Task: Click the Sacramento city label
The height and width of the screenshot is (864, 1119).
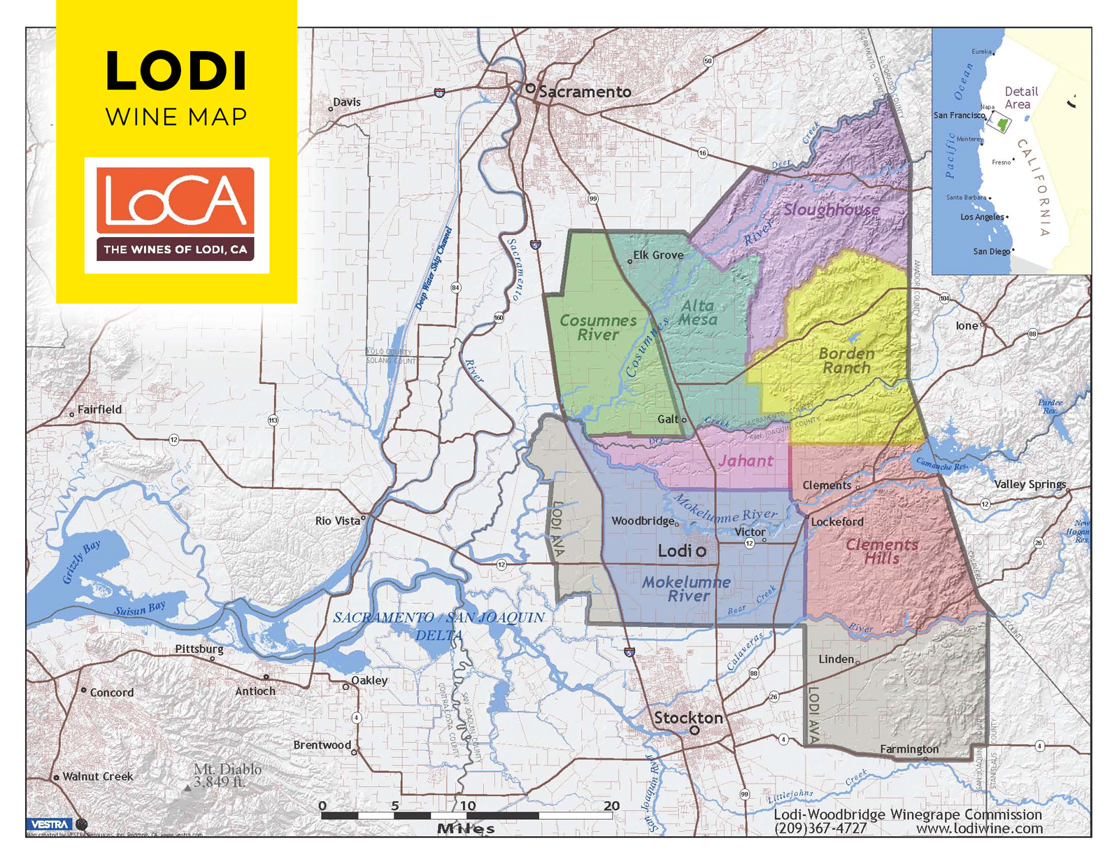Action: (585, 92)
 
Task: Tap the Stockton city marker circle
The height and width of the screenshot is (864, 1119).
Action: (694, 730)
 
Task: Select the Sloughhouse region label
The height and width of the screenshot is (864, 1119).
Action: (831, 209)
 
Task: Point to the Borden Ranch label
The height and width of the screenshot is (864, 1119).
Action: (846, 360)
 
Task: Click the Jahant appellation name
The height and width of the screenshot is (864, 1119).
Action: (746, 461)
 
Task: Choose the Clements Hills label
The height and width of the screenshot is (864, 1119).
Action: (881, 551)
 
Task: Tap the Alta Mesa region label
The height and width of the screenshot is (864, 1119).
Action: (698, 313)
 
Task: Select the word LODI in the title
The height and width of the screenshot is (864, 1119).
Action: (176, 71)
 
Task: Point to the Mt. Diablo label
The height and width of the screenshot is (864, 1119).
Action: (227, 775)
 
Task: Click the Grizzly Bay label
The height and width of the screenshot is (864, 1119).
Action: (81, 562)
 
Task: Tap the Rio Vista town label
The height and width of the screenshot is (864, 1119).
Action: (337, 520)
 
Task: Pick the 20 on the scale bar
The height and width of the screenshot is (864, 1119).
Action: (611, 805)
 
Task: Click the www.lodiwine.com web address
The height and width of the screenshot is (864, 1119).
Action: (979, 828)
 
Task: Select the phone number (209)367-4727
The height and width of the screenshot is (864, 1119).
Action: (820, 828)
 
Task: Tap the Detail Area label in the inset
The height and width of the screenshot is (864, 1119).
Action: (1020, 97)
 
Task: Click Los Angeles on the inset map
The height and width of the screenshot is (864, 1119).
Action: (981, 217)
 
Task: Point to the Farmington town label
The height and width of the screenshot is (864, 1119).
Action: (909, 749)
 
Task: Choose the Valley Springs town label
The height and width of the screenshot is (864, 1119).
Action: (1029, 484)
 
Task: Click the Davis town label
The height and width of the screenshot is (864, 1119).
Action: (347, 102)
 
